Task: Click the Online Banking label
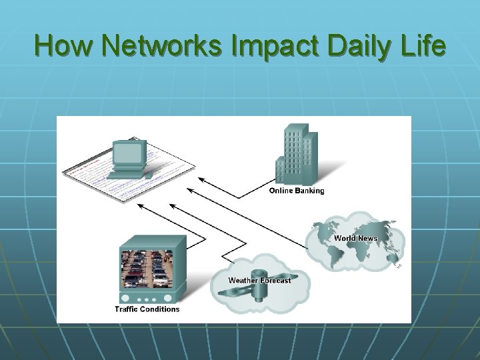[297, 191]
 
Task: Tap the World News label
[355, 238]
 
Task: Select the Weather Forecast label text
[259, 280]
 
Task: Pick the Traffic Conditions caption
[147, 309]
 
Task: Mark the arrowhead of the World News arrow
[189, 191]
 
